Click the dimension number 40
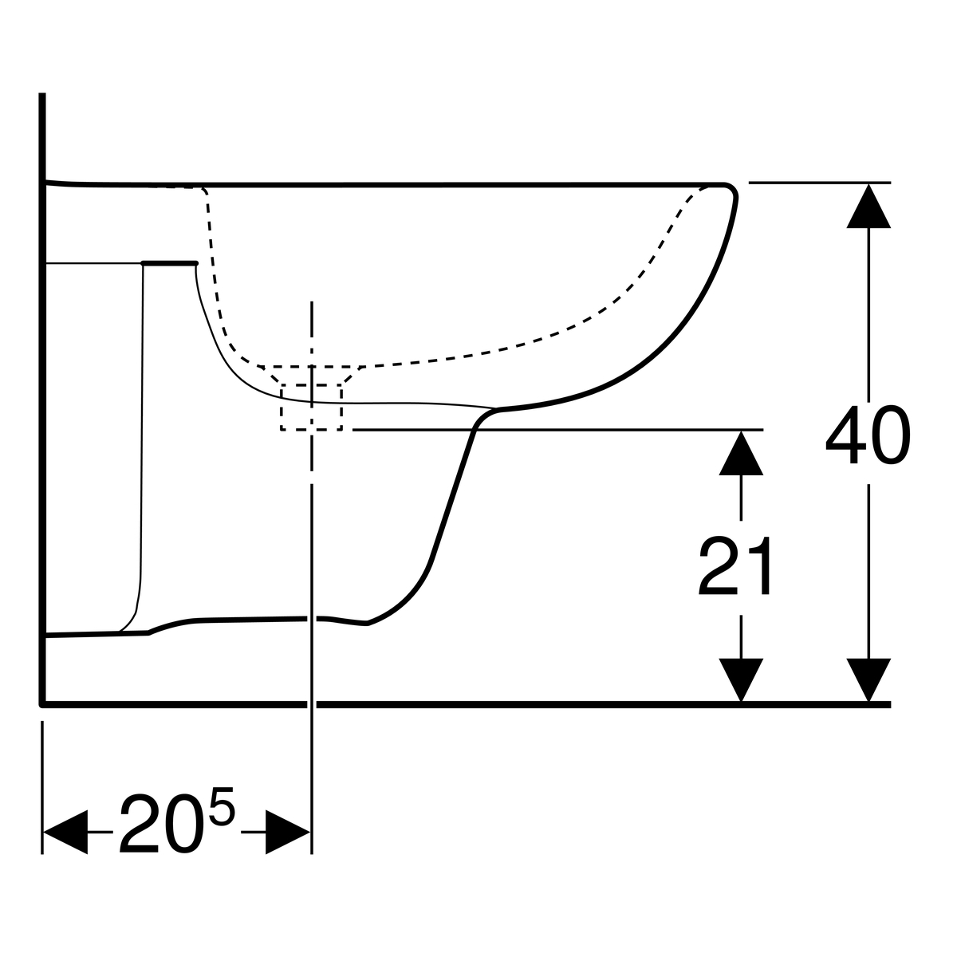point(868,435)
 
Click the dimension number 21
point(735,565)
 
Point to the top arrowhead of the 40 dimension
point(868,206)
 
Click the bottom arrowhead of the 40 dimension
point(868,680)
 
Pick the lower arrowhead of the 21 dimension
point(741,680)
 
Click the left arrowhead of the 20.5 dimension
point(65,832)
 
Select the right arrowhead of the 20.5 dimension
point(288,832)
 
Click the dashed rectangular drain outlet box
point(311,408)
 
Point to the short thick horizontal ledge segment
point(170,262)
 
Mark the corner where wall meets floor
point(43,704)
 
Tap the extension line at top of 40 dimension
point(820,183)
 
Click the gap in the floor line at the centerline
point(312,704)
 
